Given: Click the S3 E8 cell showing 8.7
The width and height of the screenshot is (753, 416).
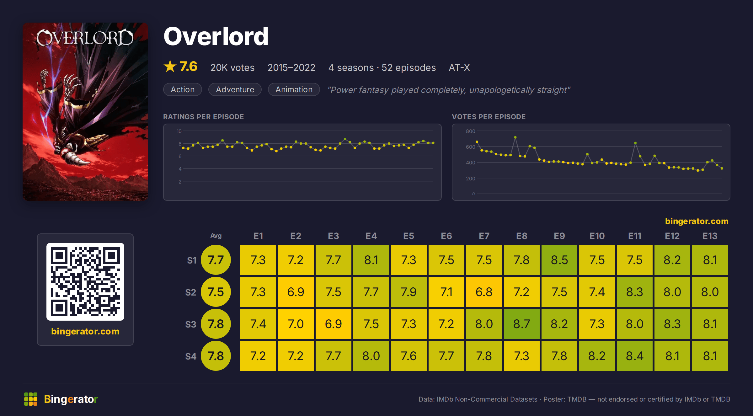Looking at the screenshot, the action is [521, 324].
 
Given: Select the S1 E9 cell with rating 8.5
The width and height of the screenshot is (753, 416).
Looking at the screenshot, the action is [559, 260].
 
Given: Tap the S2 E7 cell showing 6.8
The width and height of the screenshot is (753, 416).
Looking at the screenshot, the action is [484, 292].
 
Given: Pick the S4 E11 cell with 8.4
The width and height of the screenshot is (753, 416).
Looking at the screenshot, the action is [634, 356].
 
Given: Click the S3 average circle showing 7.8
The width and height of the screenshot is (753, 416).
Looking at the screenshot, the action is [216, 324].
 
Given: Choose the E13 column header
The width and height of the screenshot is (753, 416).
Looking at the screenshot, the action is [710, 236].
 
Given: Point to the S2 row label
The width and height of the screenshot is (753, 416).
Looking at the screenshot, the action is [191, 292].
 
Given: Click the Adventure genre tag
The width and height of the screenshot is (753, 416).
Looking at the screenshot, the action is [235, 89].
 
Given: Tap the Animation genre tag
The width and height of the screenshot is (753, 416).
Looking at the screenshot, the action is [294, 89].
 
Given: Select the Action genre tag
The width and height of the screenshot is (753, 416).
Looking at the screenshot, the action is [183, 89].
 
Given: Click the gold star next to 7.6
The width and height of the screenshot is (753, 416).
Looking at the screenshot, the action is [170, 66].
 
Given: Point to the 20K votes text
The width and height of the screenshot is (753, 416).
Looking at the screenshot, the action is [232, 67].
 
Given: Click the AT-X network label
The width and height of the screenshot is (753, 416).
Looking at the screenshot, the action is [459, 67].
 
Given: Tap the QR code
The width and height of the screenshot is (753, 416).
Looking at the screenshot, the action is [85, 281].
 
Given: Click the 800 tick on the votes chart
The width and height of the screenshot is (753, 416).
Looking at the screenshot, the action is [470, 131].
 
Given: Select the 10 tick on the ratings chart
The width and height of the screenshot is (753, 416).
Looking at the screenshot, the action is [179, 131].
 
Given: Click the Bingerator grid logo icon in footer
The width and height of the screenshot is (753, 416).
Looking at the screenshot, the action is [31, 399].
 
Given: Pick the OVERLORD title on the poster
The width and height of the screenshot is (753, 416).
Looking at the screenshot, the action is [85, 38].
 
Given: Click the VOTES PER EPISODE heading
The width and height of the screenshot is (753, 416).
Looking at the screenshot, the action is [489, 117].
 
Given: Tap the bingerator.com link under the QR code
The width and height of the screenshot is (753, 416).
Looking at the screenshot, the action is [85, 331].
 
